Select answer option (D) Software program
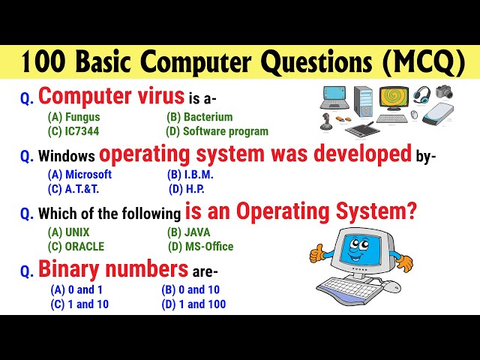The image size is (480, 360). pos(217,131)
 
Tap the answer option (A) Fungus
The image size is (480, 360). pos(73,117)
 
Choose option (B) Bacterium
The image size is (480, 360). pos(199,117)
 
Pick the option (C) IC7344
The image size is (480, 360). pos(73,131)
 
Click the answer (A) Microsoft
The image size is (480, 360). pos(79,174)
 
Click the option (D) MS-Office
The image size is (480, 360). pos(199,246)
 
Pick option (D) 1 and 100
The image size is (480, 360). pos(193,304)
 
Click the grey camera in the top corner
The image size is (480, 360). pos(444,92)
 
